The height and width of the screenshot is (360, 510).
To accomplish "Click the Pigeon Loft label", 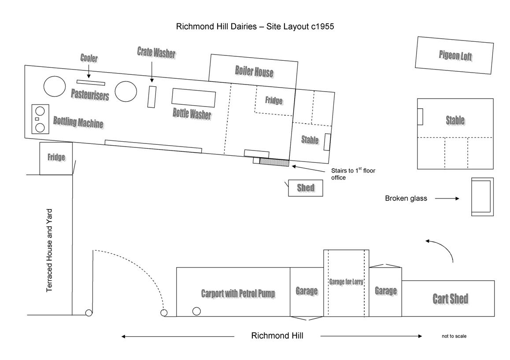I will click(455, 56).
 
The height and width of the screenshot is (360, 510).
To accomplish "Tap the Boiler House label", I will click(254, 72).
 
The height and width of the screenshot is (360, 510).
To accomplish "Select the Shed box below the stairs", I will click(306, 188).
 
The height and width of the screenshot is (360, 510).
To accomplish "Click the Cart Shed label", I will click(450, 299).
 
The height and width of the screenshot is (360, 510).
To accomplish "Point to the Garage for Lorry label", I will click(346, 282).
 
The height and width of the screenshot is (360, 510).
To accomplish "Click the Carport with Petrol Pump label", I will click(238, 294).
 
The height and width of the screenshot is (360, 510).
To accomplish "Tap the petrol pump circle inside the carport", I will click(196, 311).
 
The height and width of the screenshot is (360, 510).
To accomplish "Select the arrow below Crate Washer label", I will click(152, 71).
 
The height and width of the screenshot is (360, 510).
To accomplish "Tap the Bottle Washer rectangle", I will click(194, 97).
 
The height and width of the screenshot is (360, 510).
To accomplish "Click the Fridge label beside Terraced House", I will click(56, 157).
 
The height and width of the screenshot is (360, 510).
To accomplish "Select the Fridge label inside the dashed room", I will click(273, 100).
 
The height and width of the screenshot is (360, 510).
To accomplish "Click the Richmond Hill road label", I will click(277, 336).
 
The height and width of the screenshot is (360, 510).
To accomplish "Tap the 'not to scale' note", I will click(454, 336).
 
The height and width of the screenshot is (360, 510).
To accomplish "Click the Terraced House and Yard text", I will click(50, 250).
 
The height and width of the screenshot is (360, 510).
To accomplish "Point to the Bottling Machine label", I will click(78, 122).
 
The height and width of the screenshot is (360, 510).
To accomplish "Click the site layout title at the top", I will click(255, 26).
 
